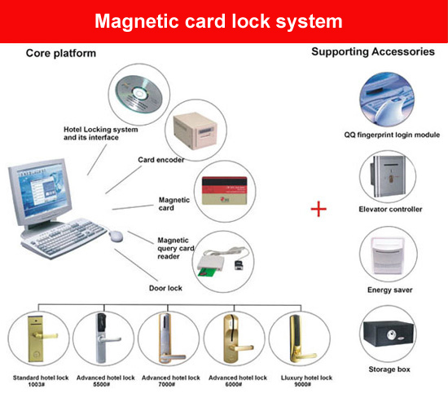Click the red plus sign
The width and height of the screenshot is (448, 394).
click(318, 209)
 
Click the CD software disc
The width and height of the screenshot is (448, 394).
click(139, 94)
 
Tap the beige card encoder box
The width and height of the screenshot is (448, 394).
click(195, 131)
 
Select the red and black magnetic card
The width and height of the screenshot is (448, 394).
click(225, 191)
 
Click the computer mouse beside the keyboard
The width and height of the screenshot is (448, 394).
click(116, 237)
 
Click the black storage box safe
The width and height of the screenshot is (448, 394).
click(389, 334)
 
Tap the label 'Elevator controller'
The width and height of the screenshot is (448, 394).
click(390, 209)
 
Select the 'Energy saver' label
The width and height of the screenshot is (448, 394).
click(389, 290)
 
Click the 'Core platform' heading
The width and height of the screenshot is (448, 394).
click(61, 53)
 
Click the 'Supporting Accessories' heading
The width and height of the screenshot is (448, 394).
click(373, 51)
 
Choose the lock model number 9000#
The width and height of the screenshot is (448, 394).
click(302, 384)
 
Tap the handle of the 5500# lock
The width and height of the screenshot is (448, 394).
click(109, 339)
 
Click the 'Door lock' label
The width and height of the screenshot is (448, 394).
click(165, 288)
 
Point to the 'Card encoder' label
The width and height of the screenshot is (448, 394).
click(161, 160)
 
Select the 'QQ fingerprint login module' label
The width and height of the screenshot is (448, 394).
click(392, 135)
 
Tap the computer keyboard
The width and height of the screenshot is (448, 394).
click(64, 237)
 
